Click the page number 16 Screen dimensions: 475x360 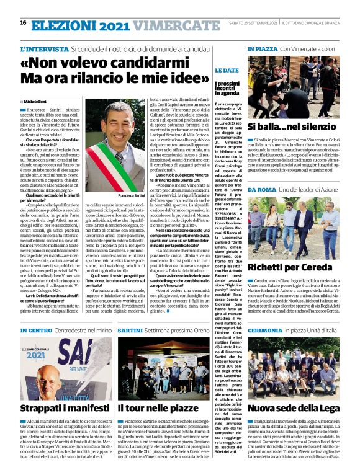click(23, 22)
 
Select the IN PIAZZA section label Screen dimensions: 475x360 click(261, 48)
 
